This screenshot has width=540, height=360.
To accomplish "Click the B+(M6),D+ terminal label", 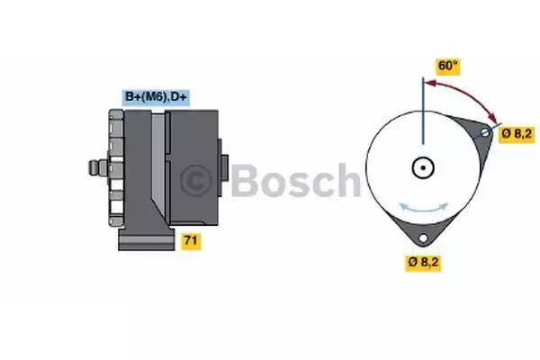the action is coord(156,97).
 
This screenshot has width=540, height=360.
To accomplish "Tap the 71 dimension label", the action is coord(191,240).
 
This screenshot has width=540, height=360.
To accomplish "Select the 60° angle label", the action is coord(447,66).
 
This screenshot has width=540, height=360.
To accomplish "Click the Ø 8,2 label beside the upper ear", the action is coord(517,134).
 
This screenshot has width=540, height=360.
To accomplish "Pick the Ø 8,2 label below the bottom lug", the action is coord(423,262).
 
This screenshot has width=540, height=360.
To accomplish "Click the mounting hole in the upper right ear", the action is coord(485,132).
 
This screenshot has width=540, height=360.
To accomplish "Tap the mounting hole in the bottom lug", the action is coord(423,238).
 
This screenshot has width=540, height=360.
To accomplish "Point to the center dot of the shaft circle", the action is coord(423,167).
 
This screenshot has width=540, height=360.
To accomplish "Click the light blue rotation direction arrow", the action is coord(424,207).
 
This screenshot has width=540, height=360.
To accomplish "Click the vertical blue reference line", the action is coord(423,111).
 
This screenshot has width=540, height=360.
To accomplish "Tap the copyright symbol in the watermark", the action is coord(195,181).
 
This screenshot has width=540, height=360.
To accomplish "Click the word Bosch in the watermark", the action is coord(296,180).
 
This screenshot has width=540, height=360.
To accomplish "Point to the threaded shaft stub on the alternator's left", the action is coord(98,167).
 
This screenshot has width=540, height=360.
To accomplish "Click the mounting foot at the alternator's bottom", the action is coord(147,238).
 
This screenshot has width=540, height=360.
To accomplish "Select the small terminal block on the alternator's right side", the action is coord(223,167).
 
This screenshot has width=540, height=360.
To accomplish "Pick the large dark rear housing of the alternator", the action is coord(192,167).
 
